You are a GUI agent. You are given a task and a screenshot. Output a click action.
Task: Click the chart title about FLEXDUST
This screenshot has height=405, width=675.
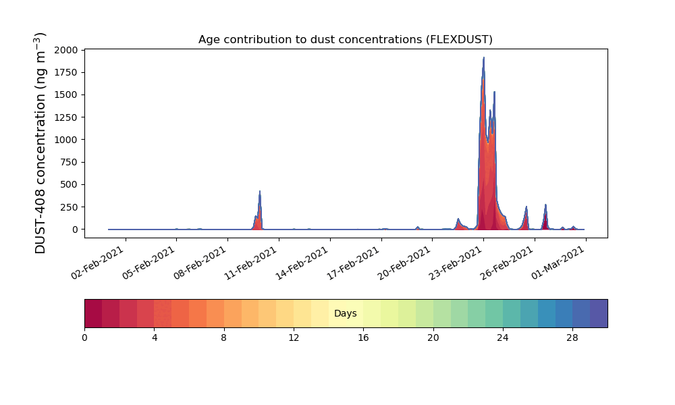coord(345,40)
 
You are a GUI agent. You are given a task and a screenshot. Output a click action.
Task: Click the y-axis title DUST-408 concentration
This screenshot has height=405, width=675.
coord(40,143)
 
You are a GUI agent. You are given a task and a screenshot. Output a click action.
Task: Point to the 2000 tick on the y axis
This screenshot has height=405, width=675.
coord(66,50)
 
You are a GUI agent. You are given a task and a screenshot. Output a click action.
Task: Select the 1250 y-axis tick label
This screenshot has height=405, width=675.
coord(66,117)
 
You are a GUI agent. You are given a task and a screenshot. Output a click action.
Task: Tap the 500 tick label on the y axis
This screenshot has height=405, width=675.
coord(69,185)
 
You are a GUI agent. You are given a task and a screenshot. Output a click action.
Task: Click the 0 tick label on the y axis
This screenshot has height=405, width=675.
coord(76,230)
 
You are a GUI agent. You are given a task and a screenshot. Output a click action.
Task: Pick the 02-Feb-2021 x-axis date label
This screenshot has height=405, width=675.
coord(98,263)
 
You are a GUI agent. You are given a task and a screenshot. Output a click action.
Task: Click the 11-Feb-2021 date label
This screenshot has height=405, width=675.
coord(251,263)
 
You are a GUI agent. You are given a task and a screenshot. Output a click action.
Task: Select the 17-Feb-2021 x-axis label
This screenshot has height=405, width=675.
coord(354,263)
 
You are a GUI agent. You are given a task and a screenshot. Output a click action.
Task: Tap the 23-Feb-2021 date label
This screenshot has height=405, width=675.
coord(456,263)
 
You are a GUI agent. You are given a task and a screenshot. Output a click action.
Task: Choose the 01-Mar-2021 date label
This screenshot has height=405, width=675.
coord(558,263)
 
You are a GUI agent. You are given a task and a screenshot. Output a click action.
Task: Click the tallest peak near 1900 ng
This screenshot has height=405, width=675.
coord(483,57)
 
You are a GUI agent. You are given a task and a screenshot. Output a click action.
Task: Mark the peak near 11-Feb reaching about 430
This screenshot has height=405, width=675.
coord(260,192)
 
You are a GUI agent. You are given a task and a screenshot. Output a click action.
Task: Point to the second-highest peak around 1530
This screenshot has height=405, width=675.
coord(494,92)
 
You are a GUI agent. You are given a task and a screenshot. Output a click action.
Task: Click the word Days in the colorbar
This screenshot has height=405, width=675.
coord(345,313)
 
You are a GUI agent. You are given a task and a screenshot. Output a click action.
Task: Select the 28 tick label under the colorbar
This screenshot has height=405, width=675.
coord(572,338)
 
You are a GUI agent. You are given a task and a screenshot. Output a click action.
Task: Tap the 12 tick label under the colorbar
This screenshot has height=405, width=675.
coord(294,338)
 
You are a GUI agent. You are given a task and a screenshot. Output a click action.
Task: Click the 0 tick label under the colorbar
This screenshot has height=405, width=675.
coord(84,338)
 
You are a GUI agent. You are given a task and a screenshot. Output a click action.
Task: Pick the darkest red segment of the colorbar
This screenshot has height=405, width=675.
coord(93,313)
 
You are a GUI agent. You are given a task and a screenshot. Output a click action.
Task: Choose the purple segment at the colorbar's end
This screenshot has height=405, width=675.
coord(599,313)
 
